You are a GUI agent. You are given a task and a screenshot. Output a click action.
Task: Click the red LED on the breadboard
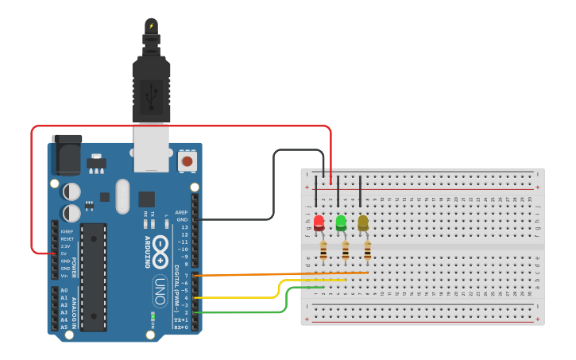[319, 223]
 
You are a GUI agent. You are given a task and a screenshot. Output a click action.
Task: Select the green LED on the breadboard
[341, 223]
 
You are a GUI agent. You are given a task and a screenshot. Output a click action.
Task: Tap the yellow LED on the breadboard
[363, 223]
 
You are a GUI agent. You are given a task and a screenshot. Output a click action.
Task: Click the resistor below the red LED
[323, 251]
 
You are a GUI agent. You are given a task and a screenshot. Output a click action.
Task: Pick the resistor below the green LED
[346, 251]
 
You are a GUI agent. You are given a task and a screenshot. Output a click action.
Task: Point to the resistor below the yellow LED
[367, 251]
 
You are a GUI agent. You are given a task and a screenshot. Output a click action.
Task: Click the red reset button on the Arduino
[187, 161]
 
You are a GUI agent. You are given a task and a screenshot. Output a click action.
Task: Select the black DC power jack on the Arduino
[67, 154]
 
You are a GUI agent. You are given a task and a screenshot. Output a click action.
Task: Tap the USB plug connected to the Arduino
[151, 87]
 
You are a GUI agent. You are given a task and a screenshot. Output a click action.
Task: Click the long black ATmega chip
[94, 277]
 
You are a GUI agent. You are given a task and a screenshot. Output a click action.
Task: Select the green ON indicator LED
[152, 316]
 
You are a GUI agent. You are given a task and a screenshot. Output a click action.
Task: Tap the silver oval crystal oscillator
[122, 195]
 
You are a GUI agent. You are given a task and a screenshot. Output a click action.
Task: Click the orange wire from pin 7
[278, 274]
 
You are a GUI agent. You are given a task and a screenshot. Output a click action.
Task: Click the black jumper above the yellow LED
[361, 192]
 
